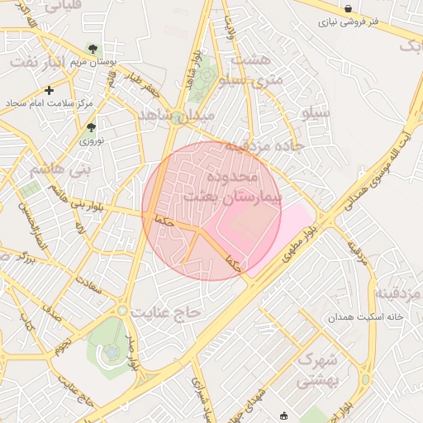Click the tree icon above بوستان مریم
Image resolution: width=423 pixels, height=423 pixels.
pyautogui.click(x=93, y=49)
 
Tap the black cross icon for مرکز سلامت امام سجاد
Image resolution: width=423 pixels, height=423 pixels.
pyautogui.click(x=50, y=90)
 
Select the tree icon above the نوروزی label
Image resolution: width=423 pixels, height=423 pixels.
pyautogui.click(x=92, y=127)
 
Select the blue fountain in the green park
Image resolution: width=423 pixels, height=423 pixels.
pyautogui.click(x=112, y=353)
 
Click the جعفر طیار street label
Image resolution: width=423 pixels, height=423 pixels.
pyautogui.click(x=143, y=82)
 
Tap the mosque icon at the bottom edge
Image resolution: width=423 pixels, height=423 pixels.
pyautogui.click(x=285, y=416)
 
